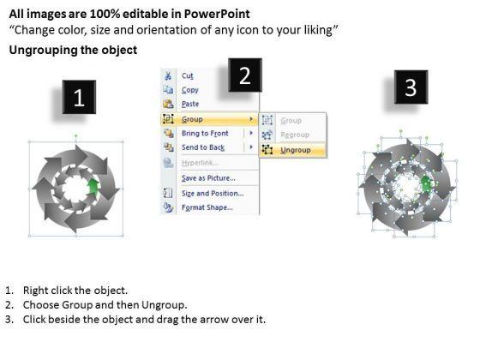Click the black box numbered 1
pos(79,97)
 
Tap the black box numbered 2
pos(245,75)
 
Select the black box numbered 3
pos(411,87)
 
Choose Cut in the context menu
pos(188,75)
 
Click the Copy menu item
pos(190,90)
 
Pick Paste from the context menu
pos(190,104)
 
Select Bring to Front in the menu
pos(205,133)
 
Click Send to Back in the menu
pos(203,147)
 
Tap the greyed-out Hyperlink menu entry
pos(200,163)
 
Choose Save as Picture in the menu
pos(208,178)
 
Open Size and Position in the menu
pos(213,194)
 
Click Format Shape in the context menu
pos(207,207)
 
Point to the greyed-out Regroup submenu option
pos(295,135)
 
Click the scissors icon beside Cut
pos(168,75)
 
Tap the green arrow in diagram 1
pos(93,187)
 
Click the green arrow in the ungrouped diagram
pos(426,183)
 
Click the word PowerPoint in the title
pos(216,14)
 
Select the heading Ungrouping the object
pos(73,50)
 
